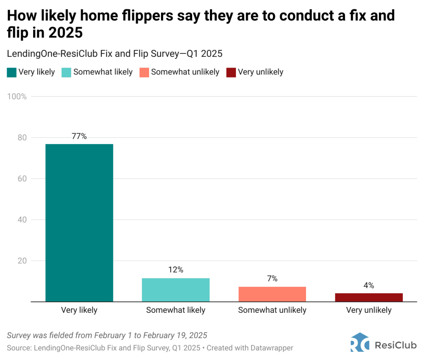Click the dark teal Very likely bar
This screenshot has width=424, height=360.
79,222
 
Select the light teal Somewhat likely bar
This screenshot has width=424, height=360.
176,290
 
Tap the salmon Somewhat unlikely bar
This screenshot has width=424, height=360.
272,294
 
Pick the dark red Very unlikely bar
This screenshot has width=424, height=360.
369,297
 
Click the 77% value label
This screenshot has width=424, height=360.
79,136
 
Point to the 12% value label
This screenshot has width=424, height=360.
176,270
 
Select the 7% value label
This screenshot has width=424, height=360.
272,278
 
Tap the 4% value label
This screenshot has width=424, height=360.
369,285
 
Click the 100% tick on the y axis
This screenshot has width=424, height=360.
17,97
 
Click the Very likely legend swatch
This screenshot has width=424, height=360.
12,72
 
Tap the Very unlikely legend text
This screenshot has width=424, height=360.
260,72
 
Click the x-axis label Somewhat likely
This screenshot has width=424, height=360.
176,310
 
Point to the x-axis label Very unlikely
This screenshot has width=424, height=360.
369,310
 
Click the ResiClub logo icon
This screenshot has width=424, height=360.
359,342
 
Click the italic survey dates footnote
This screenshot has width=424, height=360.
107,335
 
